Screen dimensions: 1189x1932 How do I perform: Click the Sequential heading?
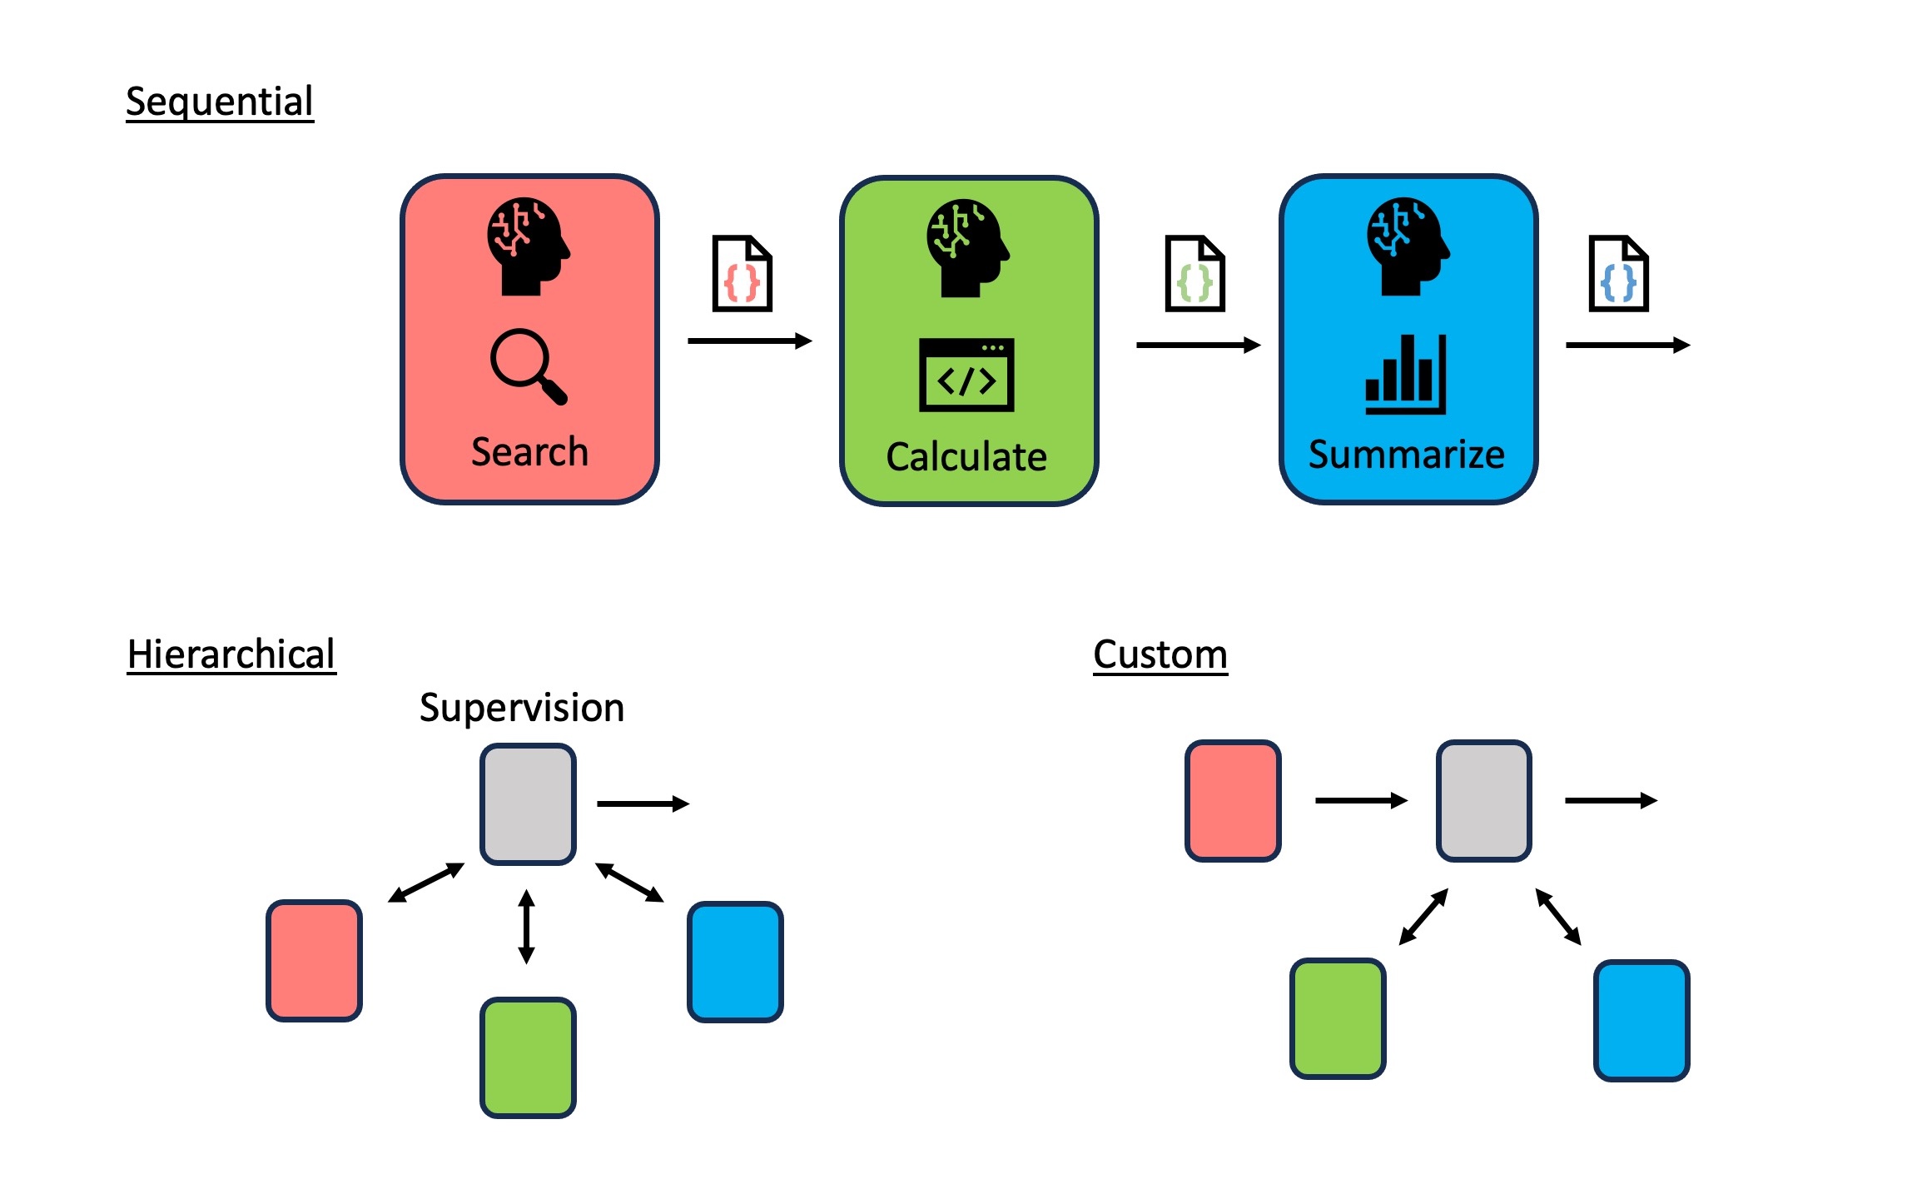tap(220, 102)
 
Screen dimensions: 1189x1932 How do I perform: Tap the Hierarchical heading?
tap(231, 654)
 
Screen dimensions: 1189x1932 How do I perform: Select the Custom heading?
tap(1160, 654)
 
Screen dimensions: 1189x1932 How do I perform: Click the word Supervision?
tap(522, 708)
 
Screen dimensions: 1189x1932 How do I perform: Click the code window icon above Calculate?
tap(966, 375)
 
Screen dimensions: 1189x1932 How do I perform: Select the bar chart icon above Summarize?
tap(1405, 375)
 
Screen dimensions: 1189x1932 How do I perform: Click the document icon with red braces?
tap(742, 274)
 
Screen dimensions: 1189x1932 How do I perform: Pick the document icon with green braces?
tap(1194, 274)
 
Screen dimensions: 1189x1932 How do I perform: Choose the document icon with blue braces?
tap(1618, 274)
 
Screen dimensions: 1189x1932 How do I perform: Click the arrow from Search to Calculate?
tap(749, 341)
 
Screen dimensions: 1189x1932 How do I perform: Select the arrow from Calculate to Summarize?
tap(1198, 345)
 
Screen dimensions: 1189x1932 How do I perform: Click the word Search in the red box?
tap(529, 452)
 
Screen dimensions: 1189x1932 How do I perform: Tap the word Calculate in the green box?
tap(966, 457)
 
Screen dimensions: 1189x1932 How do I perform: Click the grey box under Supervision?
tap(528, 804)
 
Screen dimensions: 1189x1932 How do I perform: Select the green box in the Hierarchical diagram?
tap(528, 1057)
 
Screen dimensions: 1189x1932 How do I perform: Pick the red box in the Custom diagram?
tap(1233, 801)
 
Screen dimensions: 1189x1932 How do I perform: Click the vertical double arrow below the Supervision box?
tap(526, 927)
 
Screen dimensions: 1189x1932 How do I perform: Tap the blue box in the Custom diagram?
tap(1641, 1021)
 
